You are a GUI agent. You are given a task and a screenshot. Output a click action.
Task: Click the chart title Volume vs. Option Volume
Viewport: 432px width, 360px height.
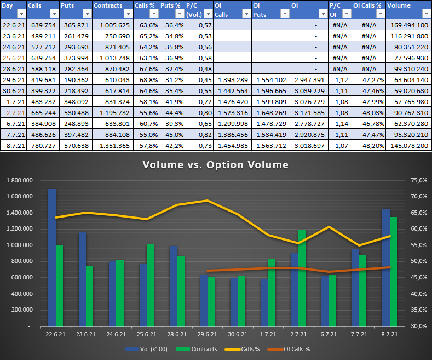(x=216, y=164)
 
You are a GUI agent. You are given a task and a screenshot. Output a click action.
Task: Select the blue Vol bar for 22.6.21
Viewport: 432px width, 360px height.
(x=52, y=258)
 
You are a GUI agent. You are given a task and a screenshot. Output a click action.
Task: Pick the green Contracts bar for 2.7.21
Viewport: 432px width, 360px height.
(x=302, y=278)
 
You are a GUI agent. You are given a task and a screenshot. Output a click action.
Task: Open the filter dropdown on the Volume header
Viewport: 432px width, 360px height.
(x=425, y=14)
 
